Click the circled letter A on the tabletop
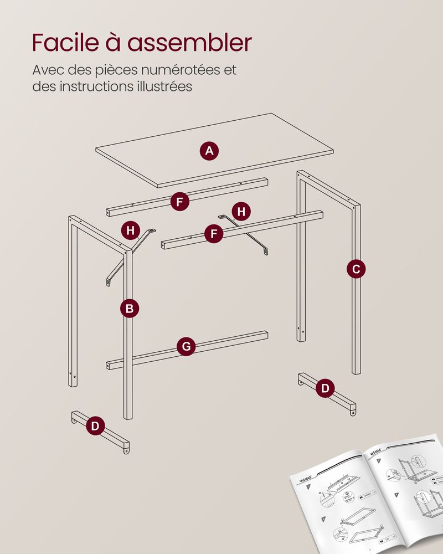[209, 151]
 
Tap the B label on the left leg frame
[130, 308]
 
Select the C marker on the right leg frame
[356, 269]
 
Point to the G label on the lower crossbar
[186, 347]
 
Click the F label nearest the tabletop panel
[179, 202]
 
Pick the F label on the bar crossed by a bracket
[214, 234]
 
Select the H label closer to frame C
[241, 212]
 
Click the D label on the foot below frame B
[96, 426]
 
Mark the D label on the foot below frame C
[325, 388]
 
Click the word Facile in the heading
[61, 43]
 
